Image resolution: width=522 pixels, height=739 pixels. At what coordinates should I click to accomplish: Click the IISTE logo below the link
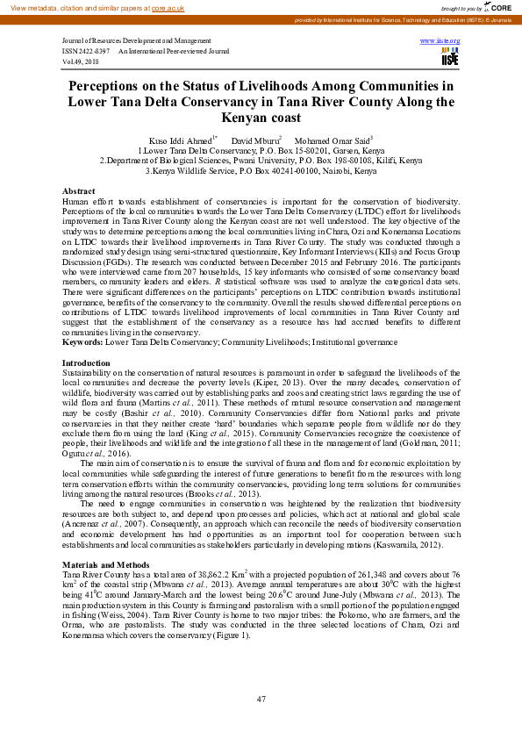[x=450, y=58]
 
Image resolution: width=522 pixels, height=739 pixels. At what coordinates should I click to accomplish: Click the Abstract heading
[x=79, y=191]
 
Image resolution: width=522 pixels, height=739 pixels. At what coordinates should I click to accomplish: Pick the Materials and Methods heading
[x=106, y=563]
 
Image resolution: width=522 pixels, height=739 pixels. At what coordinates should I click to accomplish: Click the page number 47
[x=261, y=699]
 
